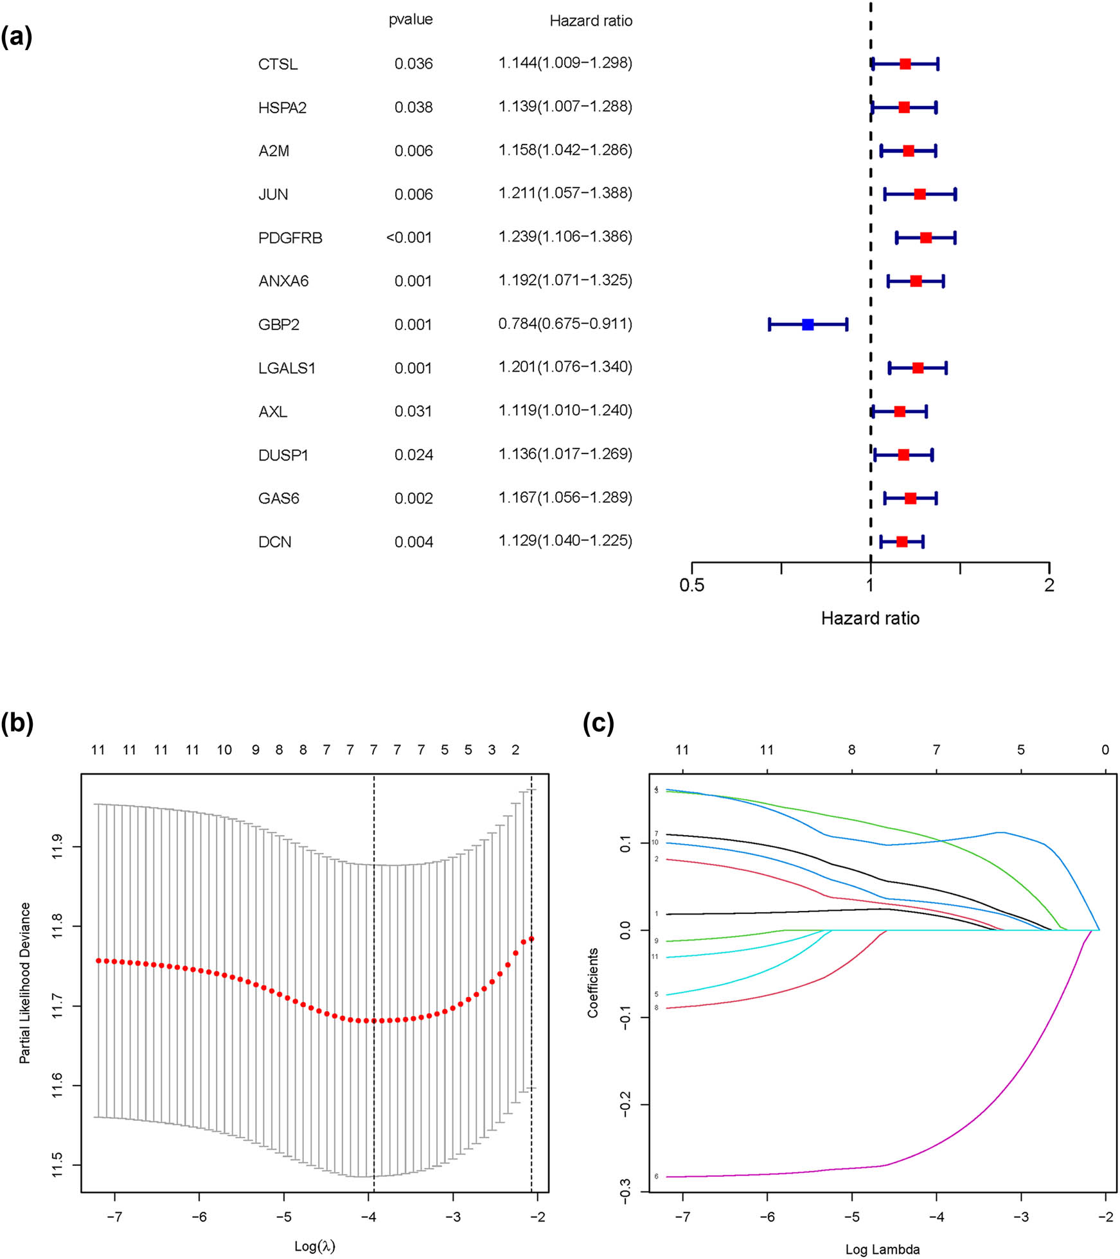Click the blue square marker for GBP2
click(808, 324)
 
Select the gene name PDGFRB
click(290, 238)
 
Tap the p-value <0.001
click(409, 238)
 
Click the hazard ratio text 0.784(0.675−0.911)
click(565, 324)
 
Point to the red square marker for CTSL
click(905, 64)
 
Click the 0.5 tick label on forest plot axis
click(691, 585)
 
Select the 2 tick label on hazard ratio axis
click(1049, 585)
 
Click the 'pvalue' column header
click(410, 20)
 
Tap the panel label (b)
click(17, 723)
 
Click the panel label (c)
click(598, 723)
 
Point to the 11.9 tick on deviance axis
click(57, 847)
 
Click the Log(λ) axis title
click(314, 1246)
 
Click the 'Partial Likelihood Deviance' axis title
click(25, 983)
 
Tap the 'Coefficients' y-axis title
click(592, 982)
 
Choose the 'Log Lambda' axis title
click(882, 1249)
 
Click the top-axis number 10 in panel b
click(224, 750)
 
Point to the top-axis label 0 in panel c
click(1105, 750)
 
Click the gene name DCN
click(274, 542)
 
